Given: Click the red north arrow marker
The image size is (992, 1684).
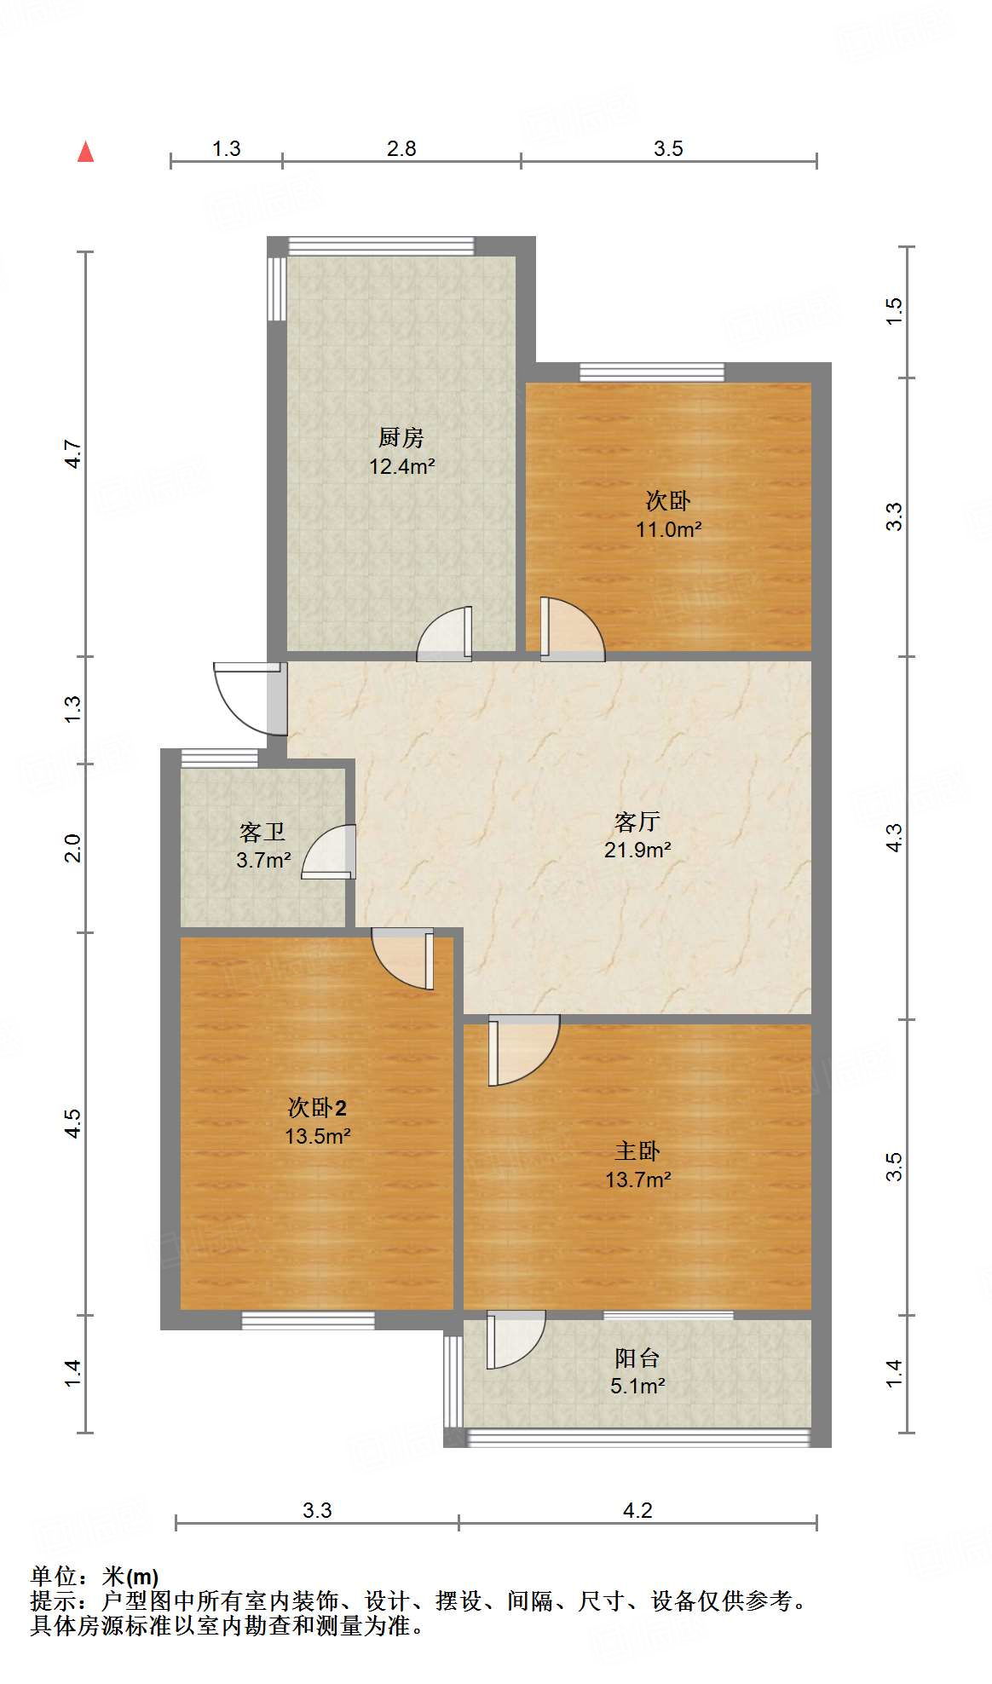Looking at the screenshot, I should click(85, 152).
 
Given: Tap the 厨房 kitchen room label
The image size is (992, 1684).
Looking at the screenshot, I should click(401, 438).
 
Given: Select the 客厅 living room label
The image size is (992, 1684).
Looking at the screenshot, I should click(637, 822).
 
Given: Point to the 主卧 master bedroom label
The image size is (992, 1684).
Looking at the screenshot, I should click(637, 1151).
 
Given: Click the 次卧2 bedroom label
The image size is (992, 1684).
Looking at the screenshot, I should click(317, 1108).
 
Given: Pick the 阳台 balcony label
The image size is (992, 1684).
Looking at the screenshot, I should click(637, 1358).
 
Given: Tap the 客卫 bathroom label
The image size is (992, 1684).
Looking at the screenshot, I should click(262, 832).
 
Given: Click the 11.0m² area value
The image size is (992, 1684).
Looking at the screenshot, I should click(668, 529).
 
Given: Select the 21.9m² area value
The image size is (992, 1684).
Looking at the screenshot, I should click(637, 850).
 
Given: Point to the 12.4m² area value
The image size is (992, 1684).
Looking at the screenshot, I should click(402, 466).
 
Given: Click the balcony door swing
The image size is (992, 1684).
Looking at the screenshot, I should click(516, 1339).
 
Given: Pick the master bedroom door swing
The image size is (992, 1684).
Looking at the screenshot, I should click(522, 1050).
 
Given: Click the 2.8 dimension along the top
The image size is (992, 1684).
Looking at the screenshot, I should click(401, 149).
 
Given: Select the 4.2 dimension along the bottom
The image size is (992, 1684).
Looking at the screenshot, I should click(637, 1511).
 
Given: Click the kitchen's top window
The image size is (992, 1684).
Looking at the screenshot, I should click(380, 246).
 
